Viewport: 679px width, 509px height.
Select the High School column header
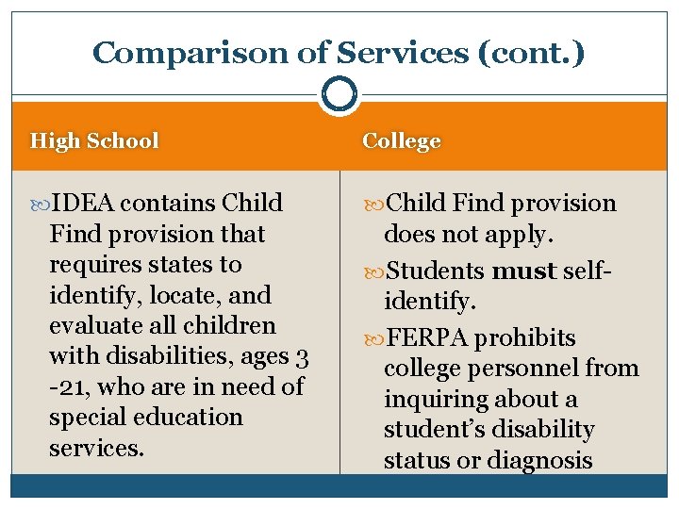pos(94,141)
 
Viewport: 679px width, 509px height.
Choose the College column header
pos(402,141)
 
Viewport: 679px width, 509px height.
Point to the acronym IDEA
pos(84,204)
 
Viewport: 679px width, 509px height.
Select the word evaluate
pos(92,326)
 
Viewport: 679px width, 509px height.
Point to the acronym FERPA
pos(429,338)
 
